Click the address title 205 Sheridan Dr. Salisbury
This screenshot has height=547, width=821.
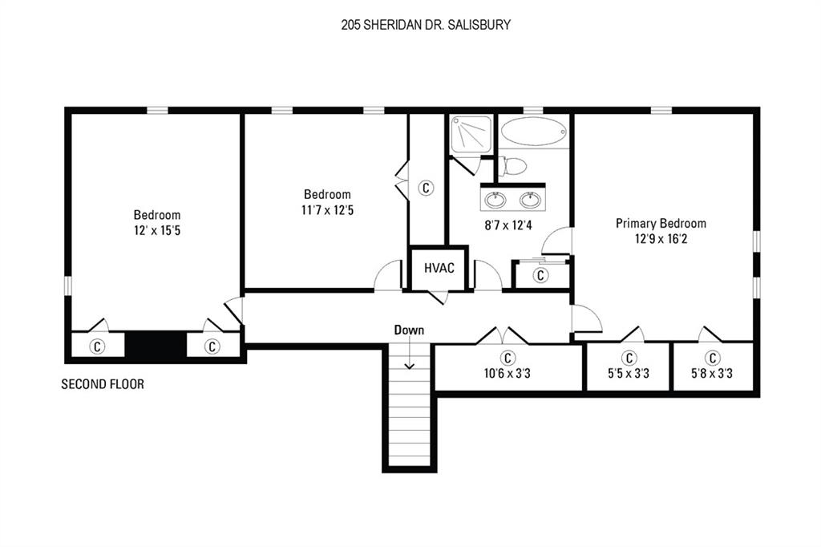(426, 25)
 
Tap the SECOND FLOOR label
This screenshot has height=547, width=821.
(103, 385)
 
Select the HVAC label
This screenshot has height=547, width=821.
(439, 268)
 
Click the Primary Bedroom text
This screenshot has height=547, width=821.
(661, 224)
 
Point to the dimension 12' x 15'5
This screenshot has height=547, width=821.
(157, 230)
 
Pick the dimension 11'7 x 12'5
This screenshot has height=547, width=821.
(327, 209)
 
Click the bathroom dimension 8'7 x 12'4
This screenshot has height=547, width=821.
(508, 225)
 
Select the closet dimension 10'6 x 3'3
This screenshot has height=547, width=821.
(508, 373)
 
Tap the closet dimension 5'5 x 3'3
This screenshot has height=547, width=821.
(629, 373)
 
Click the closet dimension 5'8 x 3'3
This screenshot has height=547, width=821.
(712, 373)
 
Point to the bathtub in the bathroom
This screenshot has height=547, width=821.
(533, 131)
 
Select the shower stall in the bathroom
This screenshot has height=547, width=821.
(471, 133)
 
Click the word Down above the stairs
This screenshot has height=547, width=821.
(409, 330)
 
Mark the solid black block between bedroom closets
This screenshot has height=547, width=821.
(156, 346)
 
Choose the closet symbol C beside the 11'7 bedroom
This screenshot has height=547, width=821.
(427, 188)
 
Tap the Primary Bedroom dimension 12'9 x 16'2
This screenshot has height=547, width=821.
(661, 239)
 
